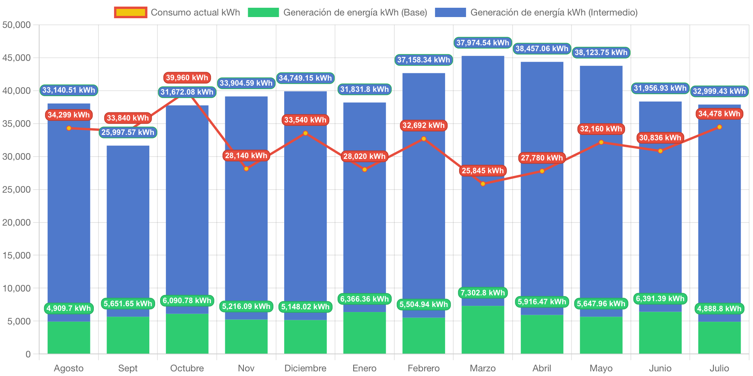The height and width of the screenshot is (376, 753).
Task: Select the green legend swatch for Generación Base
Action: coord(263,12)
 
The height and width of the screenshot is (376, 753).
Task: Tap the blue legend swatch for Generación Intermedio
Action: coord(450,12)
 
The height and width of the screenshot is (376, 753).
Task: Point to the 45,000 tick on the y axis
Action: coord(17,58)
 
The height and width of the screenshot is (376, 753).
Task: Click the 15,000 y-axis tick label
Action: coord(17,255)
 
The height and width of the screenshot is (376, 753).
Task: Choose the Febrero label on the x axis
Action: coord(423,368)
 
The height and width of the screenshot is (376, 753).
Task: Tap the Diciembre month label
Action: coord(305,368)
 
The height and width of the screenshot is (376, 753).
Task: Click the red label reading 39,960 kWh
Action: coord(187,78)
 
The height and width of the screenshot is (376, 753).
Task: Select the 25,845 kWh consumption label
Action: coord(482,171)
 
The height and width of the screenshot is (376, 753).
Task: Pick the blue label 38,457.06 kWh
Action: coord(542,48)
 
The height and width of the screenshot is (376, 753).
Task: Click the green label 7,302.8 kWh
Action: coord(482,293)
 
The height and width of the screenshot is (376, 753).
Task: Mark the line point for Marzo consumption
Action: coord(483,184)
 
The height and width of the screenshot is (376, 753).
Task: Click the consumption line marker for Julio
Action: coord(719,127)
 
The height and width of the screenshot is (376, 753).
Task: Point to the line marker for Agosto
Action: coord(69,128)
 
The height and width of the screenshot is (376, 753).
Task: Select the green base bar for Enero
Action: coord(364,333)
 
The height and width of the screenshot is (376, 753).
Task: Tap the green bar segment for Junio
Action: coord(660,333)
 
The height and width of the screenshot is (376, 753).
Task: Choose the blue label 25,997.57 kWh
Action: coord(128,132)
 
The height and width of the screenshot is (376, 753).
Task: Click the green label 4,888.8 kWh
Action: coord(719,309)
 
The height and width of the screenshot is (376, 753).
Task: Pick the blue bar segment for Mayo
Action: coord(601,213)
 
